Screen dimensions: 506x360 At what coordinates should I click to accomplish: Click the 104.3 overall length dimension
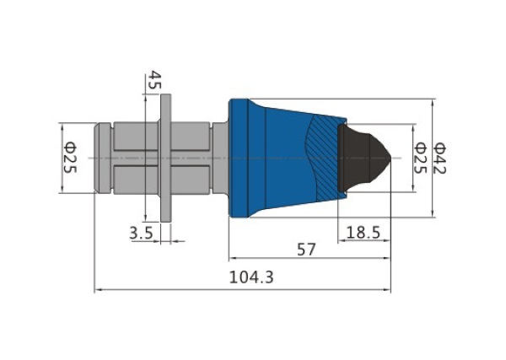[251, 277]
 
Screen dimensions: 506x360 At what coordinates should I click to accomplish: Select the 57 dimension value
[306, 250]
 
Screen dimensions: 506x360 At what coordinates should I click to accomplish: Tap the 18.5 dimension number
[363, 232]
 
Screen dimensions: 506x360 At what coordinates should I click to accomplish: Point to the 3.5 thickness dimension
[142, 233]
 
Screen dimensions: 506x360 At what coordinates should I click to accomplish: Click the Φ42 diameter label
[439, 158]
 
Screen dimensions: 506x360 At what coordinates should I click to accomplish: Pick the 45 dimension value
[154, 80]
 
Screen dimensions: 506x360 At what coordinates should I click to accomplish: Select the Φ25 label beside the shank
[70, 158]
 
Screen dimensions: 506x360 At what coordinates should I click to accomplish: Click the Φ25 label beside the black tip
[420, 158]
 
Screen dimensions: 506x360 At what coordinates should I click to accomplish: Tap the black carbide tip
[362, 158]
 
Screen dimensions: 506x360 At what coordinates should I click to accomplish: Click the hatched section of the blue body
[325, 158]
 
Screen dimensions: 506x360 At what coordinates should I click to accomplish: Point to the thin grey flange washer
[166, 158]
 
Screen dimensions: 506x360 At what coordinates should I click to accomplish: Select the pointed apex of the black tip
[391, 158]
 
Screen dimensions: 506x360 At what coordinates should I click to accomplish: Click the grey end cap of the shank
[102, 158]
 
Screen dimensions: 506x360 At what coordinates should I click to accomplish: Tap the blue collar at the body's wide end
[239, 158]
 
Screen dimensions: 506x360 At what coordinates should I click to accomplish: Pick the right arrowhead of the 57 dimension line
[386, 258]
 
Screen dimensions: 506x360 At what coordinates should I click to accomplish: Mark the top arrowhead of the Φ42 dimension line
[433, 103]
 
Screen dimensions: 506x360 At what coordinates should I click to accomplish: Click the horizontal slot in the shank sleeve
[161, 158]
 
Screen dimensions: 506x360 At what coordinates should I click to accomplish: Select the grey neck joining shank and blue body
[220, 158]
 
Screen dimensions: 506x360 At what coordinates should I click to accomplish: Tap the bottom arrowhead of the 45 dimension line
[146, 216]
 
